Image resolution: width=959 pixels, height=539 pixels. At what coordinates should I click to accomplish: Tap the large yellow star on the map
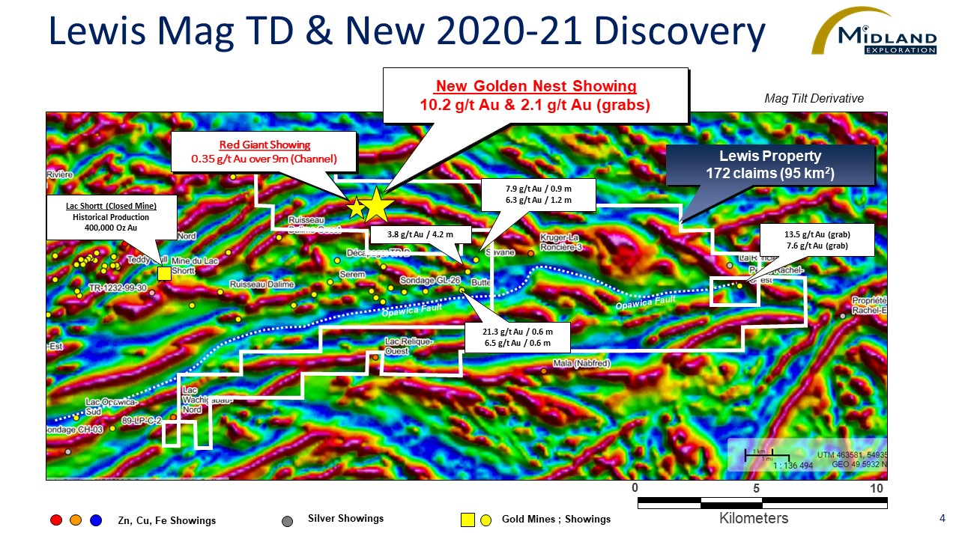pyautogui.click(x=377, y=205)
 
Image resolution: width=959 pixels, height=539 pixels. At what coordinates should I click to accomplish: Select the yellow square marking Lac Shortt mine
pyautogui.click(x=164, y=273)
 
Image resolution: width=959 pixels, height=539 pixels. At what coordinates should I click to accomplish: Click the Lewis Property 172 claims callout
pyautogui.click(x=770, y=165)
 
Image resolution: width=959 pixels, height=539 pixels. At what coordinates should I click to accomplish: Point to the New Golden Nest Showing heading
pyautogui.click(x=536, y=86)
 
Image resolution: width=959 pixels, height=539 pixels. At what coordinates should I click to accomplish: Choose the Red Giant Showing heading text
pyautogui.click(x=264, y=144)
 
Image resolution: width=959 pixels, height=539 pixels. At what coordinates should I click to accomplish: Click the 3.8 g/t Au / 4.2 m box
pyautogui.click(x=420, y=235)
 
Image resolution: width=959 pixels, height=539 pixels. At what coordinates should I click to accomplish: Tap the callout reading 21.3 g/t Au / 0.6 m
pyautogui.click(x=518, y=338)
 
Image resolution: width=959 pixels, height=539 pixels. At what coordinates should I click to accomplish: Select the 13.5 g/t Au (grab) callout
pyautogui.click(x=817, y=240)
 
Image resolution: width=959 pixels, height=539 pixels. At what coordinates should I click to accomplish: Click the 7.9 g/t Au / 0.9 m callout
pyautogui.click(x=538, y=195)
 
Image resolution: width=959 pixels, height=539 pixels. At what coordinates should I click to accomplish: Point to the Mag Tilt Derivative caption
pyautogui.click(x=814, y=99)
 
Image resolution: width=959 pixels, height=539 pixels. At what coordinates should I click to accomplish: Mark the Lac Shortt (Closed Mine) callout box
pyautogui.click(x=112, y=217)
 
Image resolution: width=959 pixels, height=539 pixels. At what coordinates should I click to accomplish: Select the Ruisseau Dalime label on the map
pyautogui.click(x=261, y=285)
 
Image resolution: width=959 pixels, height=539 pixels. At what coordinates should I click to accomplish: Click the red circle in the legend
pyautogui.click(x=55, y=520)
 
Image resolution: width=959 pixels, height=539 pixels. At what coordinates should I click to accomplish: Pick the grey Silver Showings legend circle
pyautogui.click(x=287, y=520)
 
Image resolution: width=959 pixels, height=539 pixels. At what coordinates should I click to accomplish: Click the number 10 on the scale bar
pyautogui.click(x=877, y=489)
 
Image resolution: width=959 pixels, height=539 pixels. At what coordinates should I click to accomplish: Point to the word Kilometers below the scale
pyautogui.click(x=754, y=518)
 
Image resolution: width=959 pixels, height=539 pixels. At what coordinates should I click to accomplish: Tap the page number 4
pyautogui.click(x=941, y=518)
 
